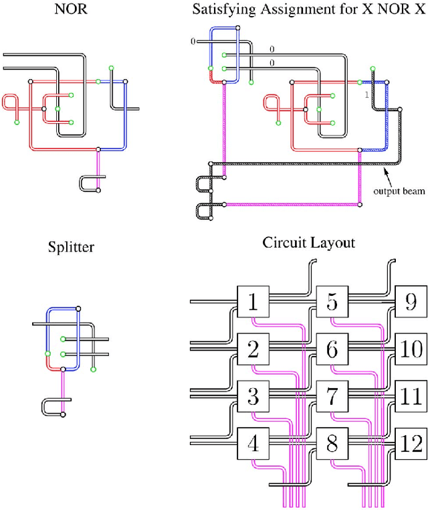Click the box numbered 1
coord(253,303)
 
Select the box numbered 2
coord(253,349)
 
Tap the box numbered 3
coord(253,396)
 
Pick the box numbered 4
coord(253,443)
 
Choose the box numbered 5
coord(332,303)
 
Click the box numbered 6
coord(332,349)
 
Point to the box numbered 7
coord(332,396)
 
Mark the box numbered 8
coord(332,443)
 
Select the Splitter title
coord(71,247)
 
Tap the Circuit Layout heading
coord(308,242)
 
